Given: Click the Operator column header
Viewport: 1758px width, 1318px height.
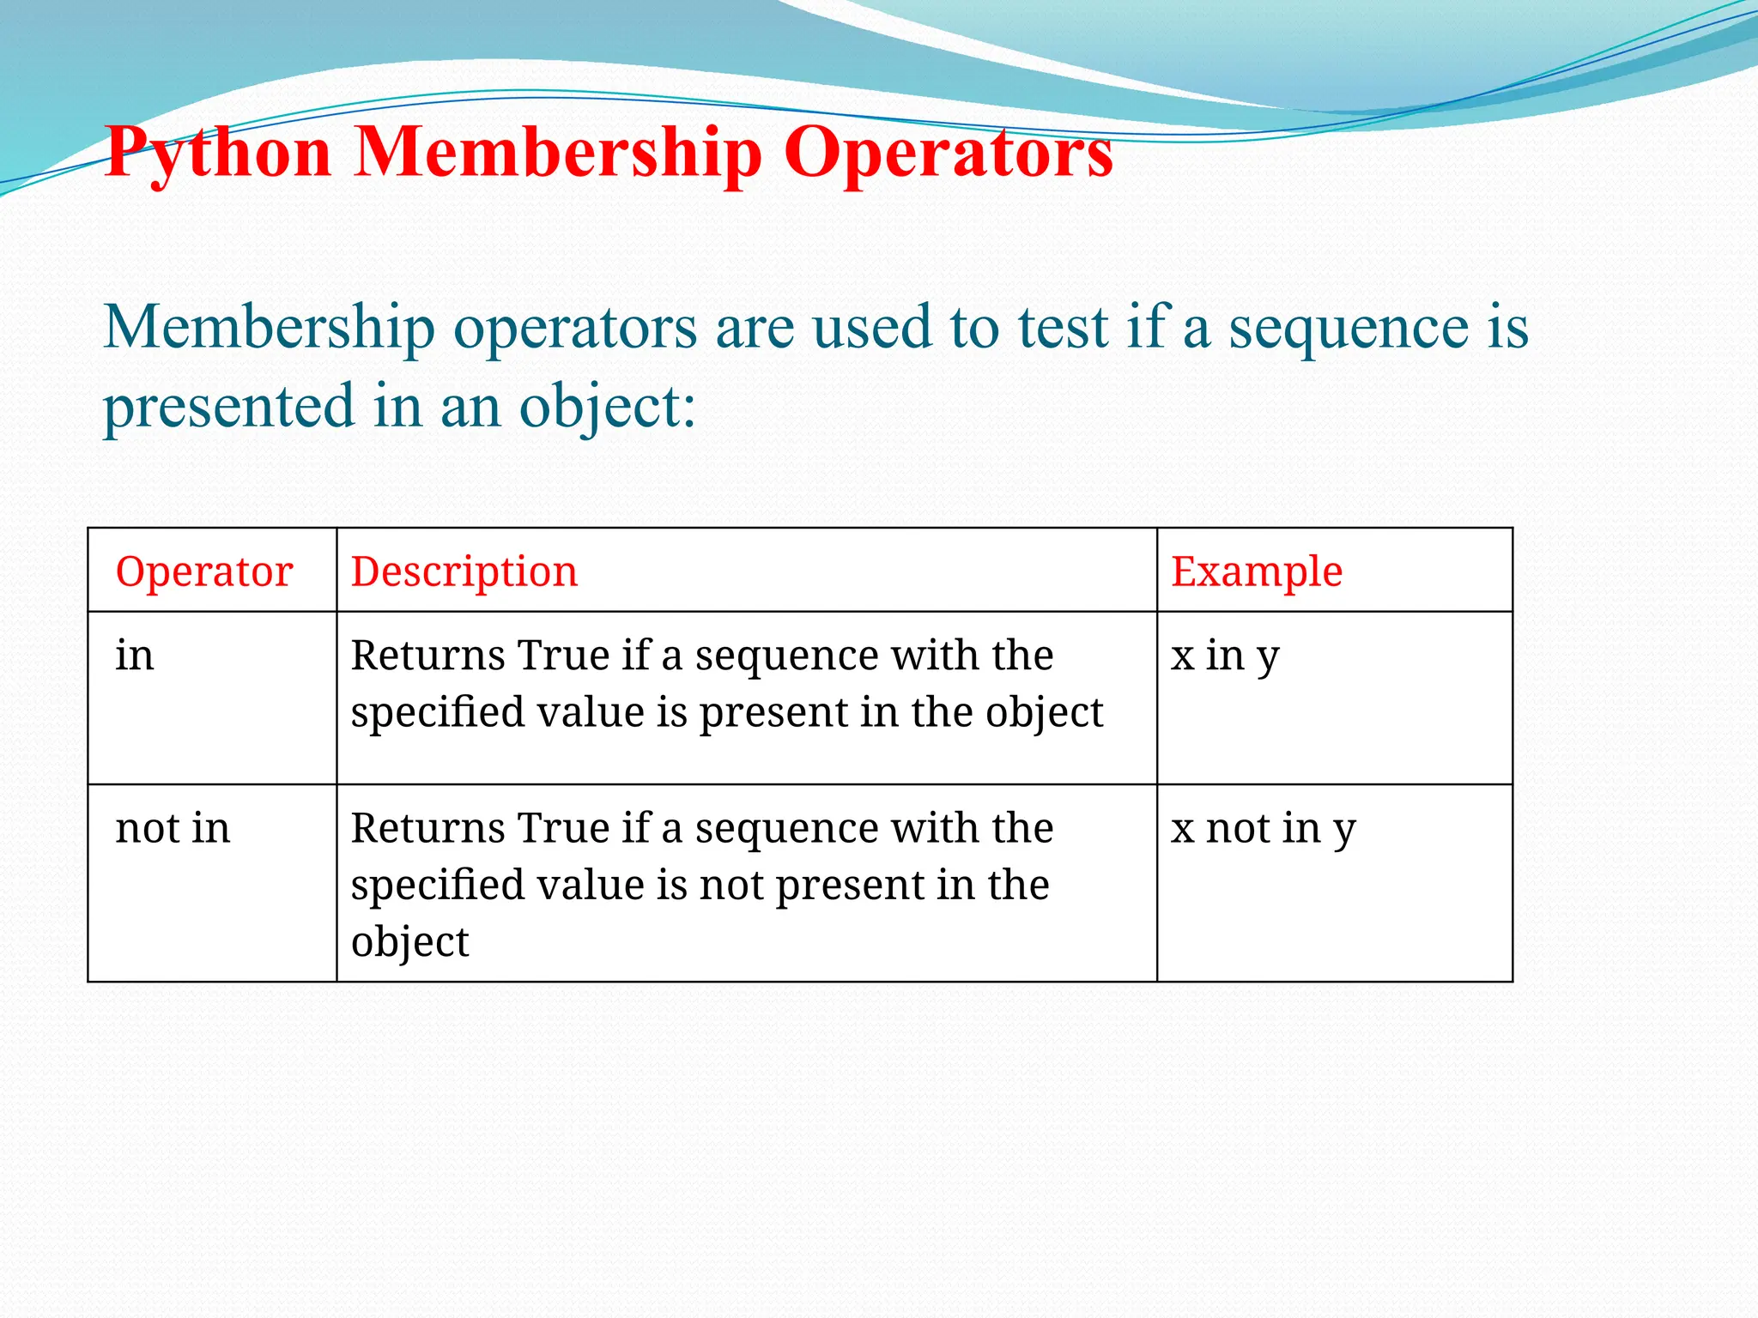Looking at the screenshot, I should pyautogui.click(x=204, y=571).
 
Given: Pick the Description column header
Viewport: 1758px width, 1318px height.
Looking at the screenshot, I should pyautogui.click(x=464, y=571).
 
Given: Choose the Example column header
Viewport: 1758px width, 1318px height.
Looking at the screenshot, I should pyautogui.click(x=1257, y=571).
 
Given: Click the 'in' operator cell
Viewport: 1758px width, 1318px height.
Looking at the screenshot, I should pyautogui.click(x=135, y=656).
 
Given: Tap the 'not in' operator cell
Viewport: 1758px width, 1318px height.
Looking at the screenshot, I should pyautogui.click(x=173, y=828).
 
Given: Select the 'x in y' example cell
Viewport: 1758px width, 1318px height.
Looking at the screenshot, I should pyautogui.click(x=1225, y=656).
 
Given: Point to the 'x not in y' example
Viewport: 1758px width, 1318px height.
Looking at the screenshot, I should pyautogui.click(x=1263, y=829).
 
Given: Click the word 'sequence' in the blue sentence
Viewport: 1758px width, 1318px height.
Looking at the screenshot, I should pyautogui.click(x=1349, y=328).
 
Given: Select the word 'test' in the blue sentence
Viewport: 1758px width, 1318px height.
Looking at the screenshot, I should pyautogui.click(x=1063, y=328).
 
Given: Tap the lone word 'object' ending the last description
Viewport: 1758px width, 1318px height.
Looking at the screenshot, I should pyautogui.click(x=409, y=942).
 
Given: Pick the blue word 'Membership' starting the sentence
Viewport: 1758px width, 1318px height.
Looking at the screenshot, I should pyautogui.click(x=270, y=328).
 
